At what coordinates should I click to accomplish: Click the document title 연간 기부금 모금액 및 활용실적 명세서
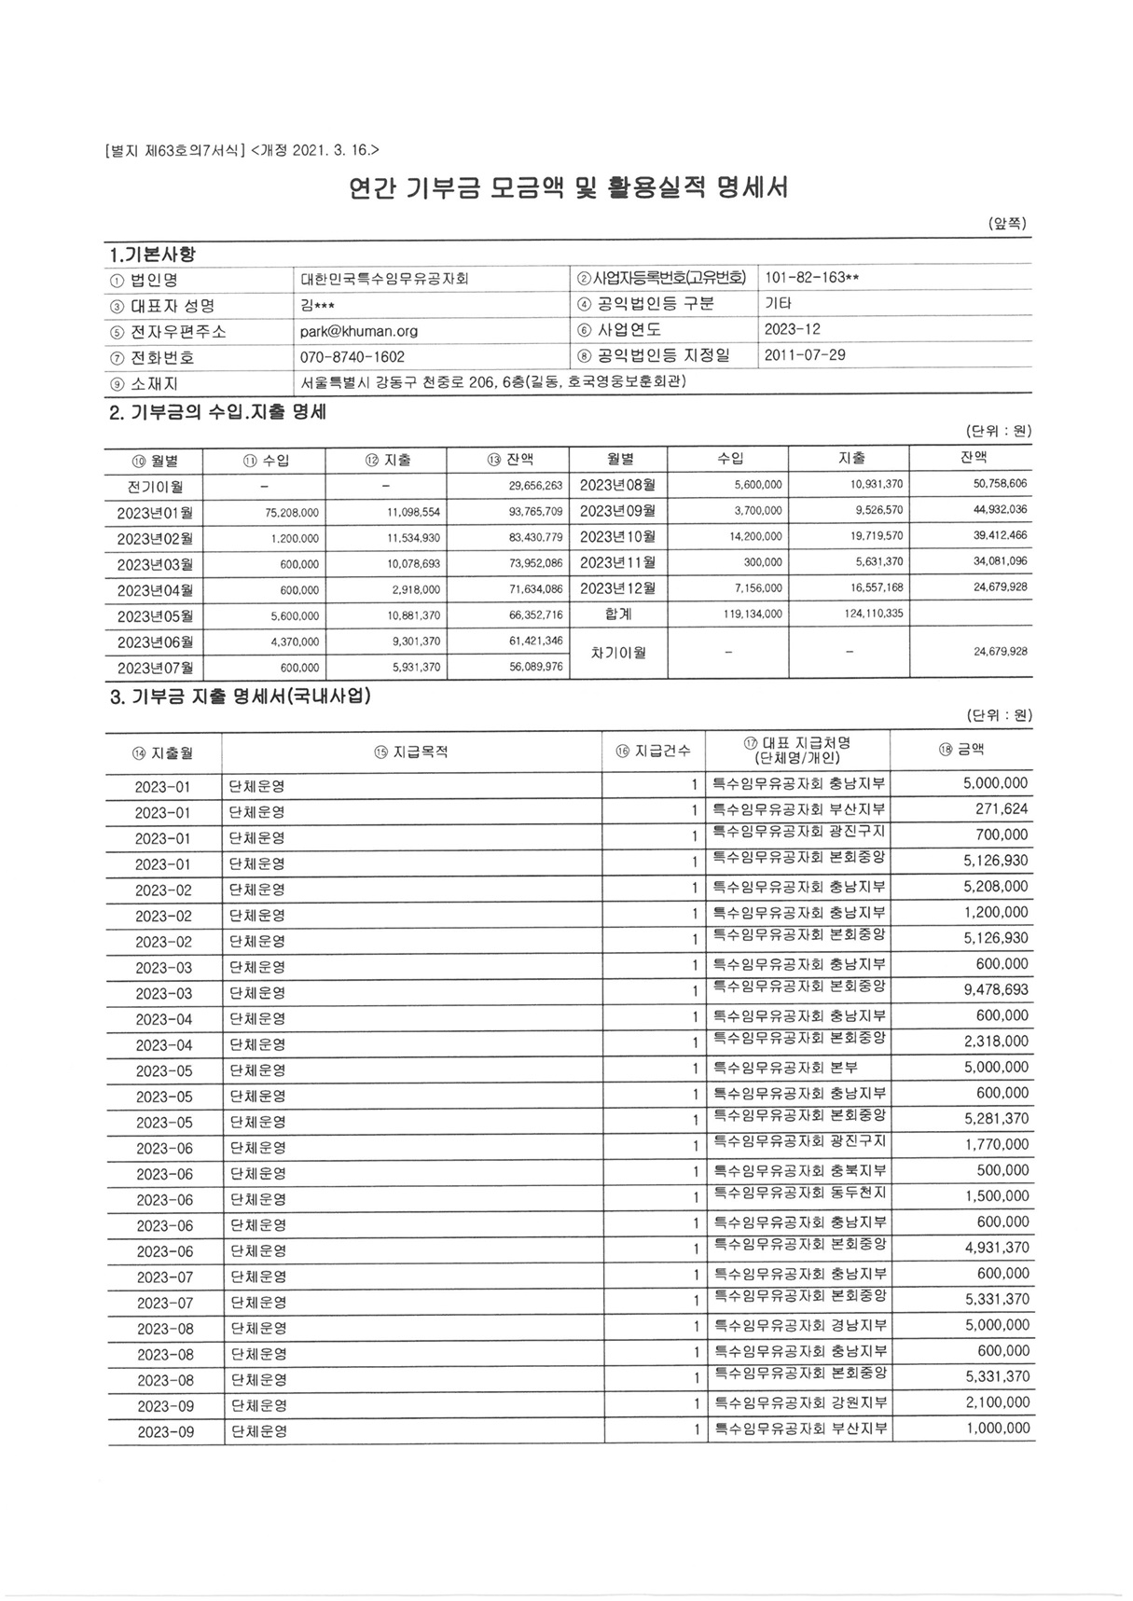tap(568, 189)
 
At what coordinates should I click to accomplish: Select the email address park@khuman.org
tap(358, 331)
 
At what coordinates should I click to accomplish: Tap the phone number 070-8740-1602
tap(352, 357)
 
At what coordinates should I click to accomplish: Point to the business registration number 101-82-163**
tap(811, 278)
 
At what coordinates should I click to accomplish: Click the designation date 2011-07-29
tap(804, 355)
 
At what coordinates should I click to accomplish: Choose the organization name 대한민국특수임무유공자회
tap(384, 279)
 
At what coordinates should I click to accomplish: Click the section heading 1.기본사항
tap(152, 255)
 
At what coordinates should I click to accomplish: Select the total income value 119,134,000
tap(753, 614)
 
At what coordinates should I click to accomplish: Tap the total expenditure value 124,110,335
tap(872, 614)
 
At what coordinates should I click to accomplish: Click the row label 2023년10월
tap(617, 537)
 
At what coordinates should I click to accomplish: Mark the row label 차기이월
tap(618, 653)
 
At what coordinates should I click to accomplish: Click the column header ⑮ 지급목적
tap(411, 752)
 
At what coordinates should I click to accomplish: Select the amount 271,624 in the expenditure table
tap(1002, 809)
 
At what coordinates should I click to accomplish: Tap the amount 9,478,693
tap(996, 989)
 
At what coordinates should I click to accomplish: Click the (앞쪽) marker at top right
tap(1007, 224)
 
